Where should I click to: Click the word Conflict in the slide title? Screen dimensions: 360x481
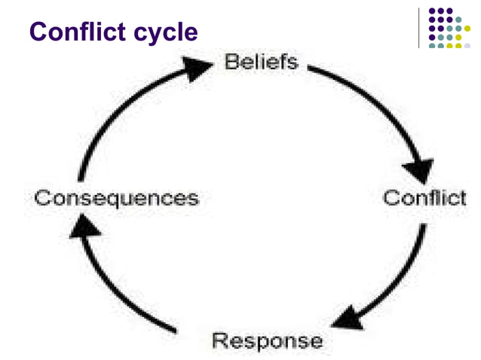(x=78, y=32)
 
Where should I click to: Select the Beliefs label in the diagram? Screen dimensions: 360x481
(x=262, y=62)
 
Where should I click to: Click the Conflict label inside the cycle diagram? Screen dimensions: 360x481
(x=424, y=199)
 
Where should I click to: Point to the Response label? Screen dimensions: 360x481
(x=267, y=340)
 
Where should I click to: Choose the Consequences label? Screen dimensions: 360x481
(x=116, y=199)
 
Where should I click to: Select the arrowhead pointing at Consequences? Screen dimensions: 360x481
(x=79, y=226)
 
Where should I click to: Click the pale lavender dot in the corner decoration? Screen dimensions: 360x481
(x=468, y=45)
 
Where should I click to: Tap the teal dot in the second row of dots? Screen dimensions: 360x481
(x=458, y=20)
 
